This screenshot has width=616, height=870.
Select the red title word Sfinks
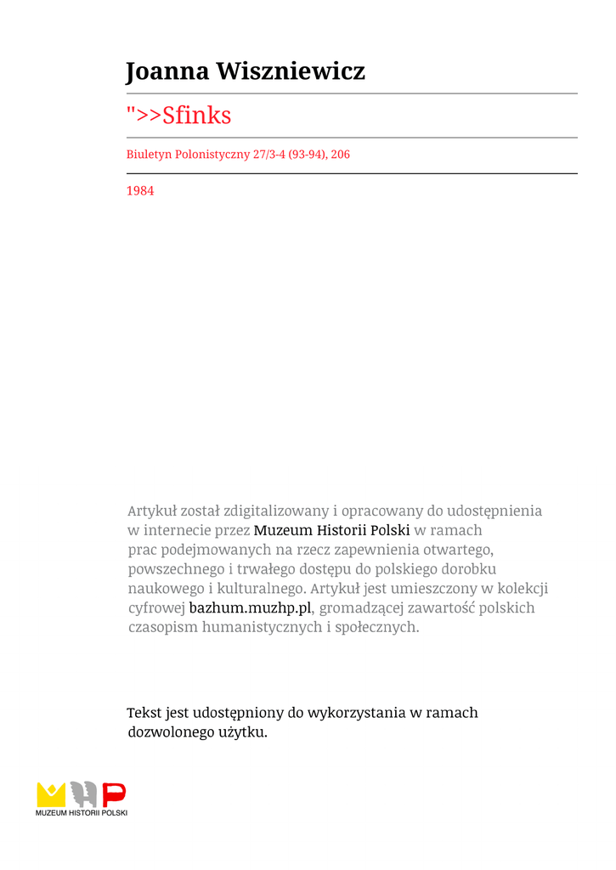[196, 116]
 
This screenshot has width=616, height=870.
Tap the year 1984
[140, 191]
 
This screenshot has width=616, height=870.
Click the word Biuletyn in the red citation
[148, 155]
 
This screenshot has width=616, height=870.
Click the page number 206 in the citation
[340, 155]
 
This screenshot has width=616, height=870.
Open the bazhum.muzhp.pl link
[251, 608]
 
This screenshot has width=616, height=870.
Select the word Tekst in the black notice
[144, 713]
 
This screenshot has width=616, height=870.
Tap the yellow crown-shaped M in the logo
[51, 794]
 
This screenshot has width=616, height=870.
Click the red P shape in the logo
[114, 794]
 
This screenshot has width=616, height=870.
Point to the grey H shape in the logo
[82, 794]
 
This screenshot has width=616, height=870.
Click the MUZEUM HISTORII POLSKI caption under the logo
[82, 813]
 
